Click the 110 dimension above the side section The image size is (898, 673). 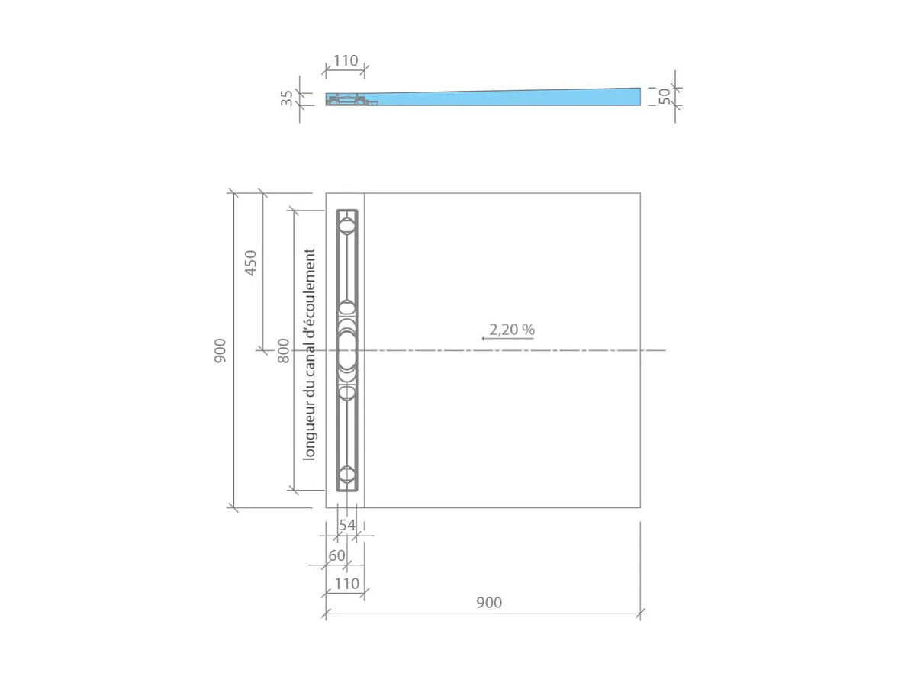coord(345,61)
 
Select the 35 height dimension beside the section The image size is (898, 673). coord(287,98)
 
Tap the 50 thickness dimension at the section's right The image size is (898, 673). coord(665,96)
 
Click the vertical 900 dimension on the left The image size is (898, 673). coord(220,350)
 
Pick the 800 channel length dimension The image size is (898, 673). coord(283,350)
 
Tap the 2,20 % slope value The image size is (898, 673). coord(512,330)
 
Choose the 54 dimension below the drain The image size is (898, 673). coord(347,525)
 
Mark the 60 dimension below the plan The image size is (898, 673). coord(336,555)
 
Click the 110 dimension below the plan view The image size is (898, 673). coord(346,584)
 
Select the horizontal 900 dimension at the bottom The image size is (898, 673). coord(489,603)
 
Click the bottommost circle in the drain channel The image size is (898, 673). coord(347,475)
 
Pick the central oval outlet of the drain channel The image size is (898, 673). coord(347,350)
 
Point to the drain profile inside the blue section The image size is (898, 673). coord(351,100)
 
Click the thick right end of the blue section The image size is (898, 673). coord(633,96)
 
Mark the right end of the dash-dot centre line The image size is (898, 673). coord(665,350)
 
